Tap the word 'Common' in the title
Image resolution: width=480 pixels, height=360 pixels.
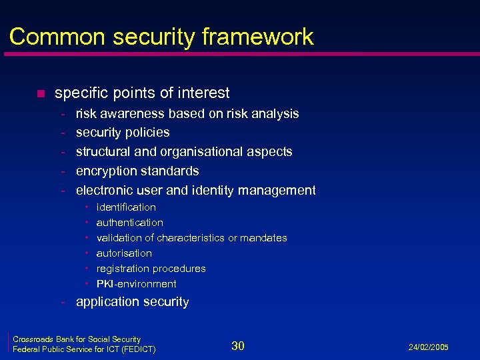point(50,37)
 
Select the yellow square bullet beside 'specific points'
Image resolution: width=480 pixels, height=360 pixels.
point(40,93)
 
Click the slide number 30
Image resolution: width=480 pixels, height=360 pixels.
point(238,345)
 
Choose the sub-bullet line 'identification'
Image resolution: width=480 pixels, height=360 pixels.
point(126,207)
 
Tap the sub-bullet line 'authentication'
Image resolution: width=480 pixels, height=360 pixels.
point(129,223)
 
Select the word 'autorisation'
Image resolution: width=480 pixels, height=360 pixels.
point(124,253)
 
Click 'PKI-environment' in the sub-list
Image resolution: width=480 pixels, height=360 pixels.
point(136,284)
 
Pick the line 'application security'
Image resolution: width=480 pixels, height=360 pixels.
point(132,302)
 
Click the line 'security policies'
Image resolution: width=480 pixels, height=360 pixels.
point(123,133)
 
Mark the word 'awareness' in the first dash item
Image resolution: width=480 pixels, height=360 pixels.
point(133,114)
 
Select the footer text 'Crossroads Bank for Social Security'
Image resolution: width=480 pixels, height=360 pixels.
point(77,339)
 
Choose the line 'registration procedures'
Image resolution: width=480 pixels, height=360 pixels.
point(151,269)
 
